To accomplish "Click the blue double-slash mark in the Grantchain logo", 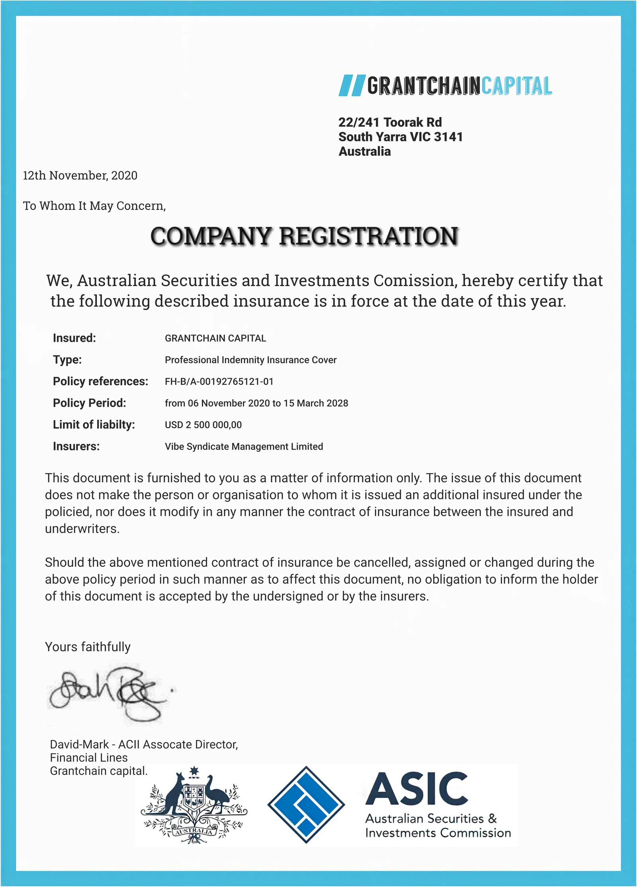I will coord(352,85).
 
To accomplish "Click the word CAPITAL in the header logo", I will coord(516,86).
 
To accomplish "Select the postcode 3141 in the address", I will coord(448,137).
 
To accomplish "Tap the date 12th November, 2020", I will coord(80,175).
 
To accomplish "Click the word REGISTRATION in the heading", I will coord(368,236).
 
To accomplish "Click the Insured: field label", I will coord(74,338).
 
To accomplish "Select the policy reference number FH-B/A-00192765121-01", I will coord(219,382).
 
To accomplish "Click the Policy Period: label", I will coord(90,403).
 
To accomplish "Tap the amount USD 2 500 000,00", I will coord(203,425).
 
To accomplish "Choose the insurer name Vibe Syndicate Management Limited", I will coord(244,446).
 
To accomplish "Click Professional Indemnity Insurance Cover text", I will coord(250,360).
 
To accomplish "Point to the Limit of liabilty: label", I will coord(94,425).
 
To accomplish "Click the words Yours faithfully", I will coord(88,647).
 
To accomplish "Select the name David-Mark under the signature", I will coord(79,745).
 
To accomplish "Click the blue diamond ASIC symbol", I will coord(306,805).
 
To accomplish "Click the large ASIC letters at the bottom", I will coord(416,789).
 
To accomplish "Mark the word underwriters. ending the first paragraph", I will coord(82,529).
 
